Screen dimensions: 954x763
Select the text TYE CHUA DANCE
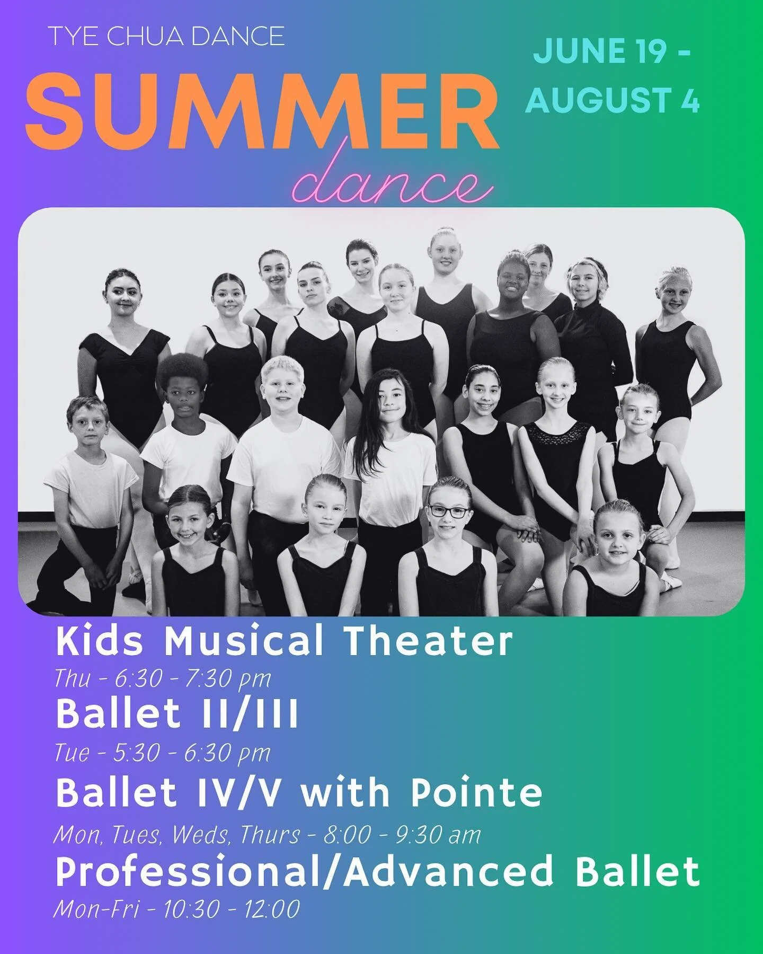[166, 37]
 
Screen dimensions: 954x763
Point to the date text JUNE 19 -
[612, 51]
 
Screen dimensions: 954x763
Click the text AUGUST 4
[613, 100]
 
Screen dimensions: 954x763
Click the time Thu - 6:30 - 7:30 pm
[163, 678]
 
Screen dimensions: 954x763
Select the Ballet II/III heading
[177, 713]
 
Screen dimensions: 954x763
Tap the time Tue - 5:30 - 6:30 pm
[163, 753]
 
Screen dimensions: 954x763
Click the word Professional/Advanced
[304, 872]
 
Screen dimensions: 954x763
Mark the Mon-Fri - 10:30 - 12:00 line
[176, 909]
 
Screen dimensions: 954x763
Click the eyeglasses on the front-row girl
[449, 512]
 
